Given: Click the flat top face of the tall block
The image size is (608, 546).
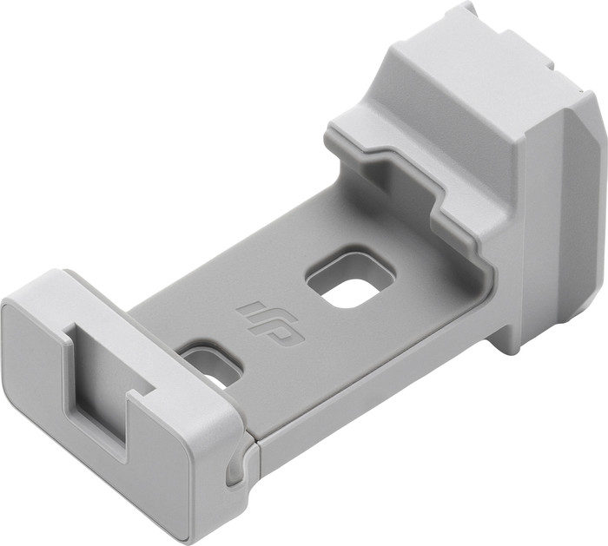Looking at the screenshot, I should (486, 69).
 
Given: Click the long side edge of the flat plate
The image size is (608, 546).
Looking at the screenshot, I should (365, 391).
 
